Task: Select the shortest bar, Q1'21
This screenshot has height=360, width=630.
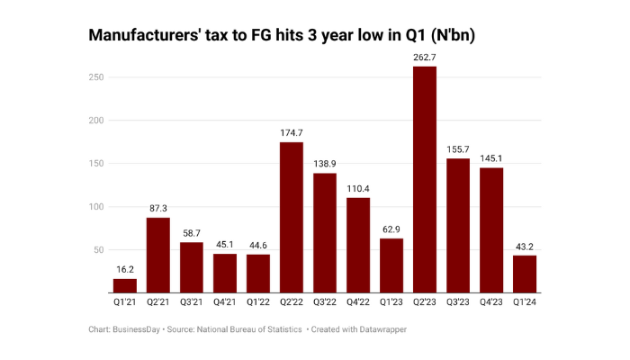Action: pos(125,285)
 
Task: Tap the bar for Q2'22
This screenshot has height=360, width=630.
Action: pos(292,217)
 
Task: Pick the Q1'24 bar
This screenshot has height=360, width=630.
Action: pos(525,274)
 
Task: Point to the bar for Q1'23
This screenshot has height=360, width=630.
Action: pos(391,265)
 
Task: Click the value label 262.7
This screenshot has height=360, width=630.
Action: pos(425,57)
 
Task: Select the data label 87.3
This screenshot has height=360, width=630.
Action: pos(158,208)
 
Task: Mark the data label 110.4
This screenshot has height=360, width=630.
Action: pos(358,188)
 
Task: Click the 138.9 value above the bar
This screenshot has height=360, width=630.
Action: pos(325,163)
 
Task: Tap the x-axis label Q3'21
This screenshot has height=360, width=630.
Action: pos(192,303)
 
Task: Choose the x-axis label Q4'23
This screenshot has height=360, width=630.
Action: pos(491,303)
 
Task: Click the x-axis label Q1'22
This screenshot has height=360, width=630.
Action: pos(258,303)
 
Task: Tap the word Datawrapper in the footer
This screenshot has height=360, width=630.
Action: pos(381,330)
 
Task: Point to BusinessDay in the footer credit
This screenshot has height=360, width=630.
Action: pos(138,330)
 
